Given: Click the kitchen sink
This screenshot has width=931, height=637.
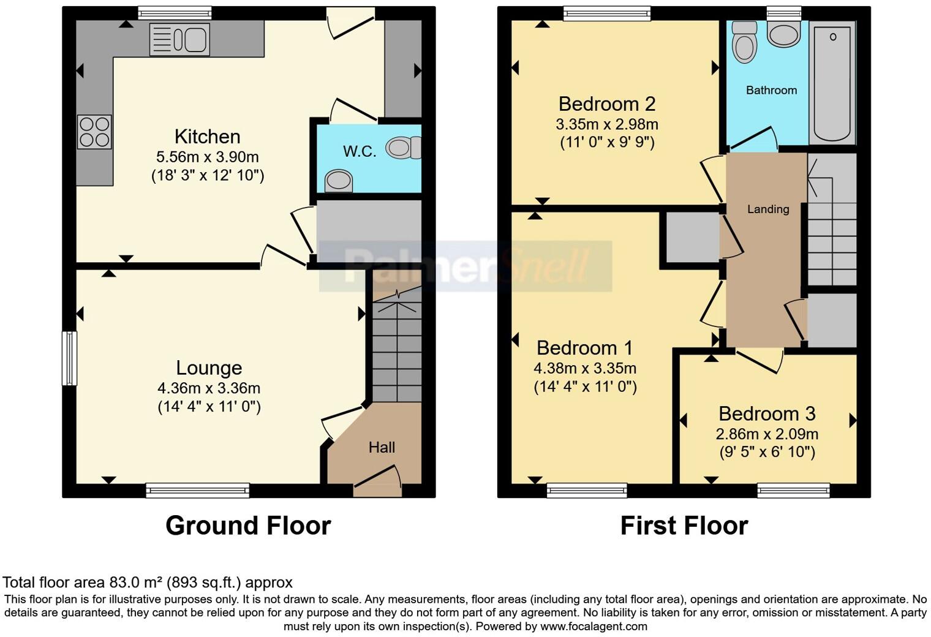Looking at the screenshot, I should pos(179,39).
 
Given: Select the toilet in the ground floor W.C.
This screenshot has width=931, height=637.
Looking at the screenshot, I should pos(403,148).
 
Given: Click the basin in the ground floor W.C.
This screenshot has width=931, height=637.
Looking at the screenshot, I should pos(338,181).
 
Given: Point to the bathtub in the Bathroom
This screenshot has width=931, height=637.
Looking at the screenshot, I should pos(832,81).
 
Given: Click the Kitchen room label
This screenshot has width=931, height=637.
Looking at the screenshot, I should pos(207,136).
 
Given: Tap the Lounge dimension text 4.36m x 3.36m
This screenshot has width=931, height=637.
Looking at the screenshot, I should pos(208,388).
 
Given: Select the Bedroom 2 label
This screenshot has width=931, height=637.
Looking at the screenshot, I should pos(606,104).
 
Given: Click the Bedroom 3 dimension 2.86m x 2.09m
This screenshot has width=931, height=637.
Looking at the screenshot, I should pos(767,434).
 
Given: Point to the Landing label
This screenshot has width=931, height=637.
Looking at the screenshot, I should pos(767,209).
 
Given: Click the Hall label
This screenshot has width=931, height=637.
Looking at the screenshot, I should pos(381,448).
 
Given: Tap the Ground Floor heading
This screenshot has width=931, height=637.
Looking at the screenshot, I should pos(248,526).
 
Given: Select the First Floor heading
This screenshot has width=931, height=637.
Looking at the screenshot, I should pos(684,526).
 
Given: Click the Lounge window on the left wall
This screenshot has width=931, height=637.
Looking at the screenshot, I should pos(70,358).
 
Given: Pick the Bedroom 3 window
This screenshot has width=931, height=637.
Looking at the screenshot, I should pos(793,490).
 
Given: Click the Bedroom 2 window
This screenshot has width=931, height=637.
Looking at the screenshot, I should pos(606,13).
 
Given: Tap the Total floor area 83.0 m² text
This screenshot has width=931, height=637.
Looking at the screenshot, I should pos(148,582).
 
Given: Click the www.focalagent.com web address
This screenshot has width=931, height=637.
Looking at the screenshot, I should pos(594,627).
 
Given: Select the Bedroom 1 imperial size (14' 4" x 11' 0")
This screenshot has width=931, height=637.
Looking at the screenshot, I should pos(585,387).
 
